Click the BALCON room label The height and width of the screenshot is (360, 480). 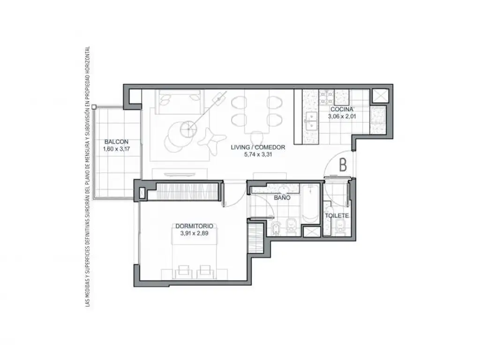[116, 142]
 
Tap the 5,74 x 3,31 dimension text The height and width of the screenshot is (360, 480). [258, 155]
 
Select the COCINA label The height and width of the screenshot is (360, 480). [342, 109]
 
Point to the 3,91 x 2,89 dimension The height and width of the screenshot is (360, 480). [195, 233]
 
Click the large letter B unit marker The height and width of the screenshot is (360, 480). [343, 165]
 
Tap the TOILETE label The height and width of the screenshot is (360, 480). [337, 216]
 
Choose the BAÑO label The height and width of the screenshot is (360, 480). [282, 198]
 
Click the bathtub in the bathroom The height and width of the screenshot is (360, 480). [311, 203]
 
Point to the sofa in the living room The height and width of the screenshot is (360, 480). [180, 102]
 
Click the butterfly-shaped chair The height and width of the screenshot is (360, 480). [212, 139]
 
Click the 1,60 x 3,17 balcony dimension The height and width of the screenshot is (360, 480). [116, 149]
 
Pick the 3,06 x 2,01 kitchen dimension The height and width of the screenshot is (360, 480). [342, 117]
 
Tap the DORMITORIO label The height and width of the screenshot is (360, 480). [195, 226]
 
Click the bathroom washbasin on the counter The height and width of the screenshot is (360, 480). [283, 188]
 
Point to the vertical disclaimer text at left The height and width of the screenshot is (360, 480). [88, 177]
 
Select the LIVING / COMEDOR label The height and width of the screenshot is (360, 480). [258, 147]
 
